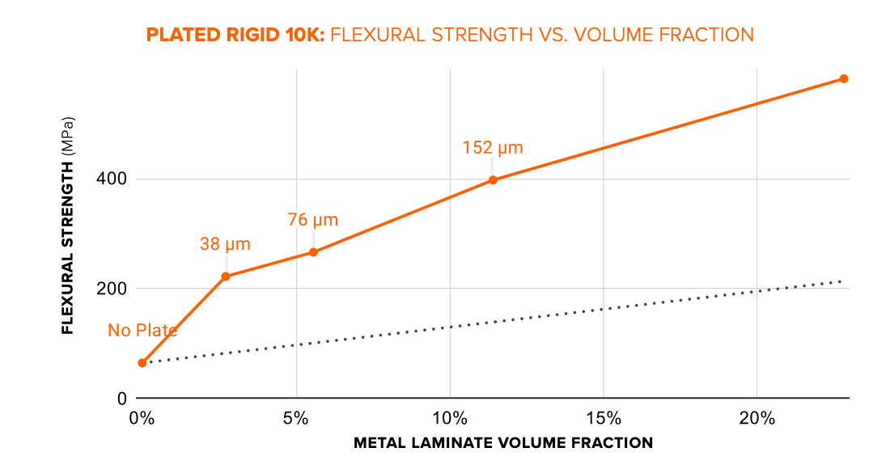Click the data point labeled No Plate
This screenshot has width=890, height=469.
[x=142, y=363]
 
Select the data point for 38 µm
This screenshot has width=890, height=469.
[x=226, y=277]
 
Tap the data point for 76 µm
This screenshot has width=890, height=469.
[x=313, y=252]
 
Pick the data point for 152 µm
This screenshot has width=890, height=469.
[x=493, y=180]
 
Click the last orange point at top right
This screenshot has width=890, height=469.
[x=843, y=78]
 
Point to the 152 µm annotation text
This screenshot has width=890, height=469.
[x=493, y=148]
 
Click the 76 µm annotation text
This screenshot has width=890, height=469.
[x=312, y=220]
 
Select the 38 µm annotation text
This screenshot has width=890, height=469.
[x=225, y=244]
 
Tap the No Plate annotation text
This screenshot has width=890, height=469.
[x=142, y=330]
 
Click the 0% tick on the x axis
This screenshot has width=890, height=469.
[x=142, y=418]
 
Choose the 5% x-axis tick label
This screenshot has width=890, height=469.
[x=296, y=418]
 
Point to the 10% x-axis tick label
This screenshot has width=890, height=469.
[x=450, y=418]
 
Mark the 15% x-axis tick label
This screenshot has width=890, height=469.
[x=604, y=418]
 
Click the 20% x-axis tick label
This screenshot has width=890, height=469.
[x=756, y=418]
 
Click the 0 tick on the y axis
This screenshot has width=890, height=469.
[x=121, y=398]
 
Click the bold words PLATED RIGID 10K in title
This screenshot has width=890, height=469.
[x=234, y=35]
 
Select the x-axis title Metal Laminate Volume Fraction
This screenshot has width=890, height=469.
[x=502, y=443]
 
